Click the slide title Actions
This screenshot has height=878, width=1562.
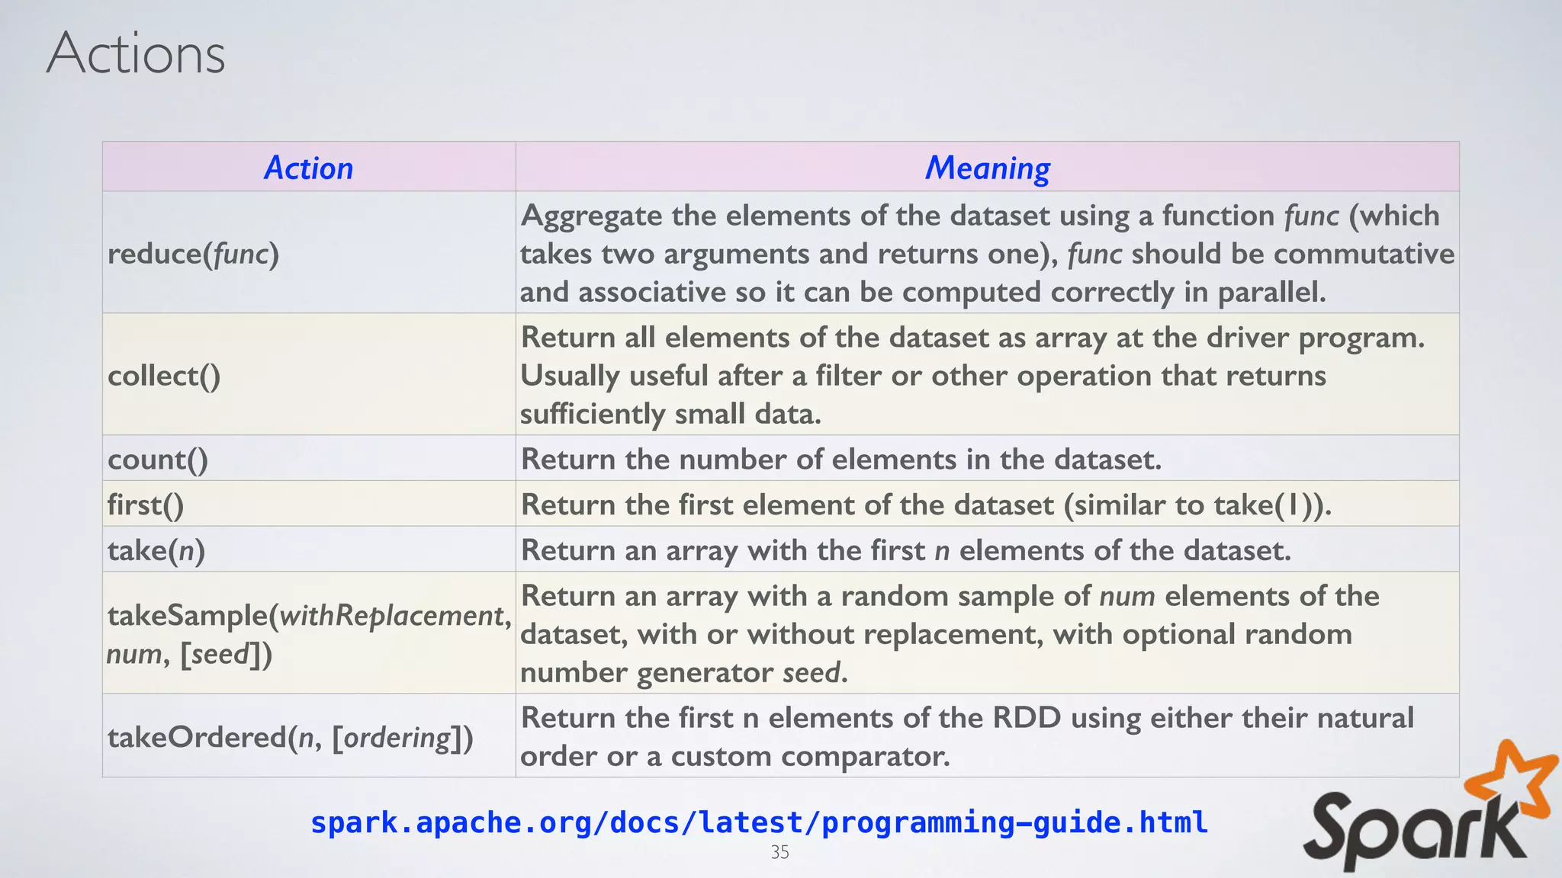tap(136, 53)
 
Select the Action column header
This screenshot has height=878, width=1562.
tap(308, 168)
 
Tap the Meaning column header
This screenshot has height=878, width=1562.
tap(987, 168)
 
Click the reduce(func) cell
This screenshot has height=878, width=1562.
tap(193, 254)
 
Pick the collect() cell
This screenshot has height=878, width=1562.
tap(164, 376)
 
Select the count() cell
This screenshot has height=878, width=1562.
tap(158, 460)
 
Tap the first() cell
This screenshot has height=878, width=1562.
tap(146, 505)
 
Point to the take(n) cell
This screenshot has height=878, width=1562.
tap(156, 550)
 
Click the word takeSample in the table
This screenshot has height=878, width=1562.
tap(187, 616)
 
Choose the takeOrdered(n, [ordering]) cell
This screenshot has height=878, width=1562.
tap(290, 737)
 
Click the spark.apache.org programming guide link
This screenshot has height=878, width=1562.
tap(759, 822)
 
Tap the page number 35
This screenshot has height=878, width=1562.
tap(779, 852)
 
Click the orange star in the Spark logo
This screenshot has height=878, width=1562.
tap(1512, 781)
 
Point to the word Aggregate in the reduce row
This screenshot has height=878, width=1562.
tap(591, 216)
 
